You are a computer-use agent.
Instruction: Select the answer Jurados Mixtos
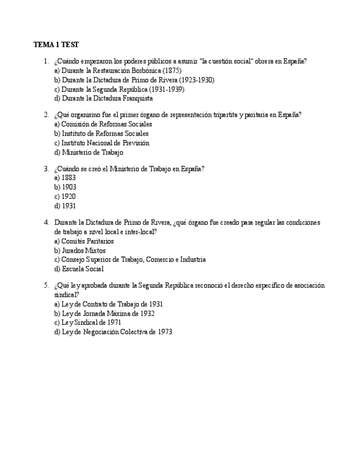coord(80,251)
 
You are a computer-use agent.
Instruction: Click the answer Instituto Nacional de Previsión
coord(102,143)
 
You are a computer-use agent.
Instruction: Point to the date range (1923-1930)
coord(196,80)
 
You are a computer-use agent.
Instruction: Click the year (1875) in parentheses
coord(172,71)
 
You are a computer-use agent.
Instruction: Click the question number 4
coord(46,223)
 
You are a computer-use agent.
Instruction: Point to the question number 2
coord(46,115)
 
